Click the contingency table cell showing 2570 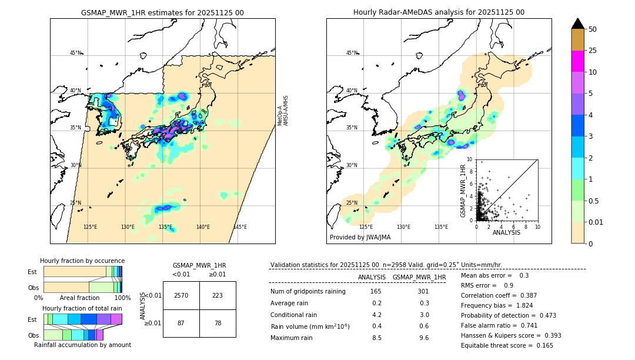coord(181,295)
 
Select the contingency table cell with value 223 coord(218,295)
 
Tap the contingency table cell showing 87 coord(181,324)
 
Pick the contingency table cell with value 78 coord(218,324)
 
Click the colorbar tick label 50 coord(593,29)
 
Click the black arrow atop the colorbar coord(578,24)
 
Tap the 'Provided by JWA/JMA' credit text coord(360,237)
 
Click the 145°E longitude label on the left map coord(240,227)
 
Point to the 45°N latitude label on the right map coord(352,53)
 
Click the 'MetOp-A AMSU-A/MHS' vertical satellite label coord(283,111)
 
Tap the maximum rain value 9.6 coord(423,338)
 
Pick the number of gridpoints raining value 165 coord(376,291)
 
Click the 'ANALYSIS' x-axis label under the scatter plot coord(506,232)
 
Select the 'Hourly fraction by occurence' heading coord(82,261)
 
